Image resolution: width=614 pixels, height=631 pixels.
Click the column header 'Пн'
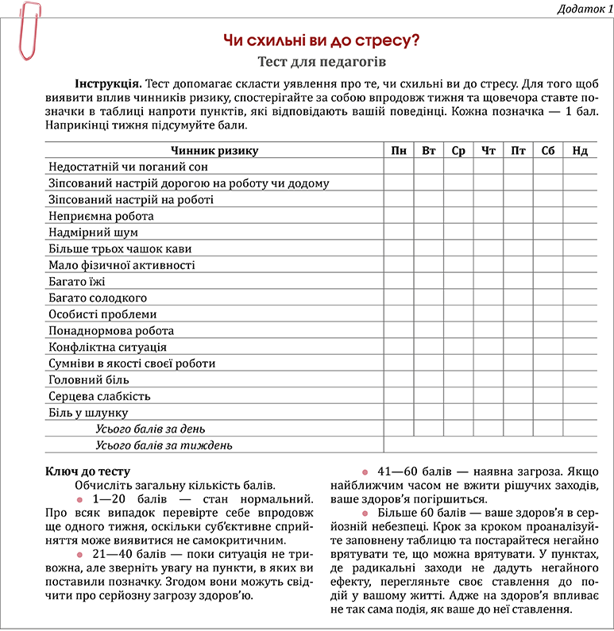click(398, 151)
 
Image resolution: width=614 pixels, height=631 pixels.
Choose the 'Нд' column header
click(580, 151)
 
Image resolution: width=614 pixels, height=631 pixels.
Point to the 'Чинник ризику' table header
click(214, 151)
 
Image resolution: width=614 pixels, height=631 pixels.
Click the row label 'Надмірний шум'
click(93, 233)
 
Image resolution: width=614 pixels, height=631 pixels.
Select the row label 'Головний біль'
click(88, 380)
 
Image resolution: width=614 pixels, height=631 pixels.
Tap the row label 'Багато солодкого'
click(98, 298)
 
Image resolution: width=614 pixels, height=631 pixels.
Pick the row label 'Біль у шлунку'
click(87, 413)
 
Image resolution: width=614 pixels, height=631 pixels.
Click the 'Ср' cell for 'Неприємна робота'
click(458, 216)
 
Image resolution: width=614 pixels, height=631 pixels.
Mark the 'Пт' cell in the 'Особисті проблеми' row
click(518, 314)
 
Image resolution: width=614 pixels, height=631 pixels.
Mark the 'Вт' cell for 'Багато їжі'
click(428, 282)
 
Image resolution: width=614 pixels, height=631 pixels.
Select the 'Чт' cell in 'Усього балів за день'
click(488, 429)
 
